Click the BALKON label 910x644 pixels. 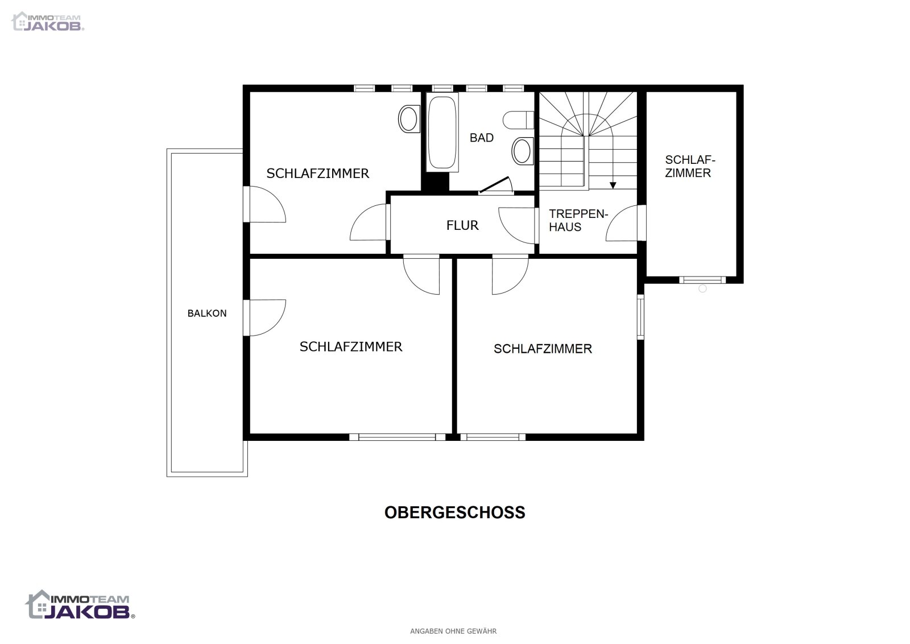[207, 313]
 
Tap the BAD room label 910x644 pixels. [481, 138]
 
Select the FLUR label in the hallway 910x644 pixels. [462, 225]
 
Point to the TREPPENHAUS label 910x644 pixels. [578, 220]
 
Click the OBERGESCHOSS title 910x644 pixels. [454, 513]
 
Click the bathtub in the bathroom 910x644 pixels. [442, 131]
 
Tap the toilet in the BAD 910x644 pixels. [518, 120]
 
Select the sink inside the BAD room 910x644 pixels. [523, 151]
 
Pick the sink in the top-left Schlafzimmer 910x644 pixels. [409, 119]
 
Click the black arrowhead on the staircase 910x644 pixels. [613, 185]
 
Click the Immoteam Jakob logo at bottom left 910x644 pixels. [80, 605]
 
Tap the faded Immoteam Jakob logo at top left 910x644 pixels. [48, 21]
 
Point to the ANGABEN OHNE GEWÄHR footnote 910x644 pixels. [453, 631]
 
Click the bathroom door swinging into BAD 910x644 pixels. [495, 185]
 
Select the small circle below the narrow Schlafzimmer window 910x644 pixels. [702, 288]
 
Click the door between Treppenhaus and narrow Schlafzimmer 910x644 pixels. [626, 223]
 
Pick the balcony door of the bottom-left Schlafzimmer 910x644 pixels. [264, 318]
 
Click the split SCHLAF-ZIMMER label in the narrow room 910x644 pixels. [689, 167]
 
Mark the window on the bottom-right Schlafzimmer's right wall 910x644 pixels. [640, 317]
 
